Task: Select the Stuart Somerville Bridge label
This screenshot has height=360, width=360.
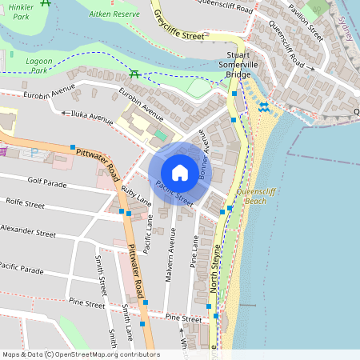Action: coord(234,65)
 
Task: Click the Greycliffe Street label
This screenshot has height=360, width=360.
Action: coord(179,24)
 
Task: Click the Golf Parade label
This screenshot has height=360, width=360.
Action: coord(47,182)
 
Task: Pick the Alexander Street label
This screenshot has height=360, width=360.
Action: coord(28,233)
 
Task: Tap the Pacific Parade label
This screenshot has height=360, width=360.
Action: coord(22,267)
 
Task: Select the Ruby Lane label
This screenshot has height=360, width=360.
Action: coord(135,198)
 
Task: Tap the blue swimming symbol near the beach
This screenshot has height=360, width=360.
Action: coord(263,107)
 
